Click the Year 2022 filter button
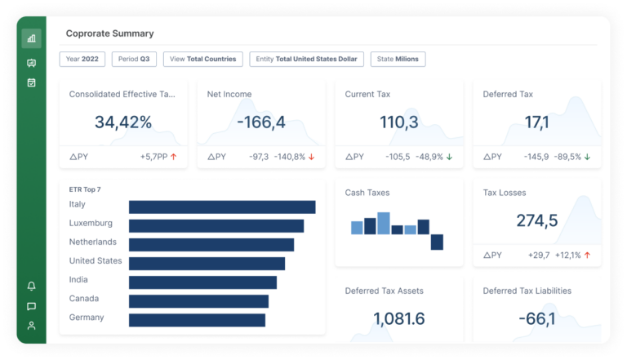click(82, 59)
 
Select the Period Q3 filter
click(134, 59)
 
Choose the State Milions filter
click(398, 59)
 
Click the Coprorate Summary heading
click(109, 33)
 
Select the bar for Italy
click(222, 207)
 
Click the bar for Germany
click(197, 319)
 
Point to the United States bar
click(207, 263)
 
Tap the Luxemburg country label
click(91, 223)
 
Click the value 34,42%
click(123, 122)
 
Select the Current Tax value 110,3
click(398, 122)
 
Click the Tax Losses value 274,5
click(536, 220)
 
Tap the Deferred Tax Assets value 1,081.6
click(398, 318)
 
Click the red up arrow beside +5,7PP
click(174, 156)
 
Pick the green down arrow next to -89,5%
click(587, 156)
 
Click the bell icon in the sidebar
click(32, 286)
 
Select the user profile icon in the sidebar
click(32, 326)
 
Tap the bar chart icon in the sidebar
click(32, 38)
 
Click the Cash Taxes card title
click(367, 193)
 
